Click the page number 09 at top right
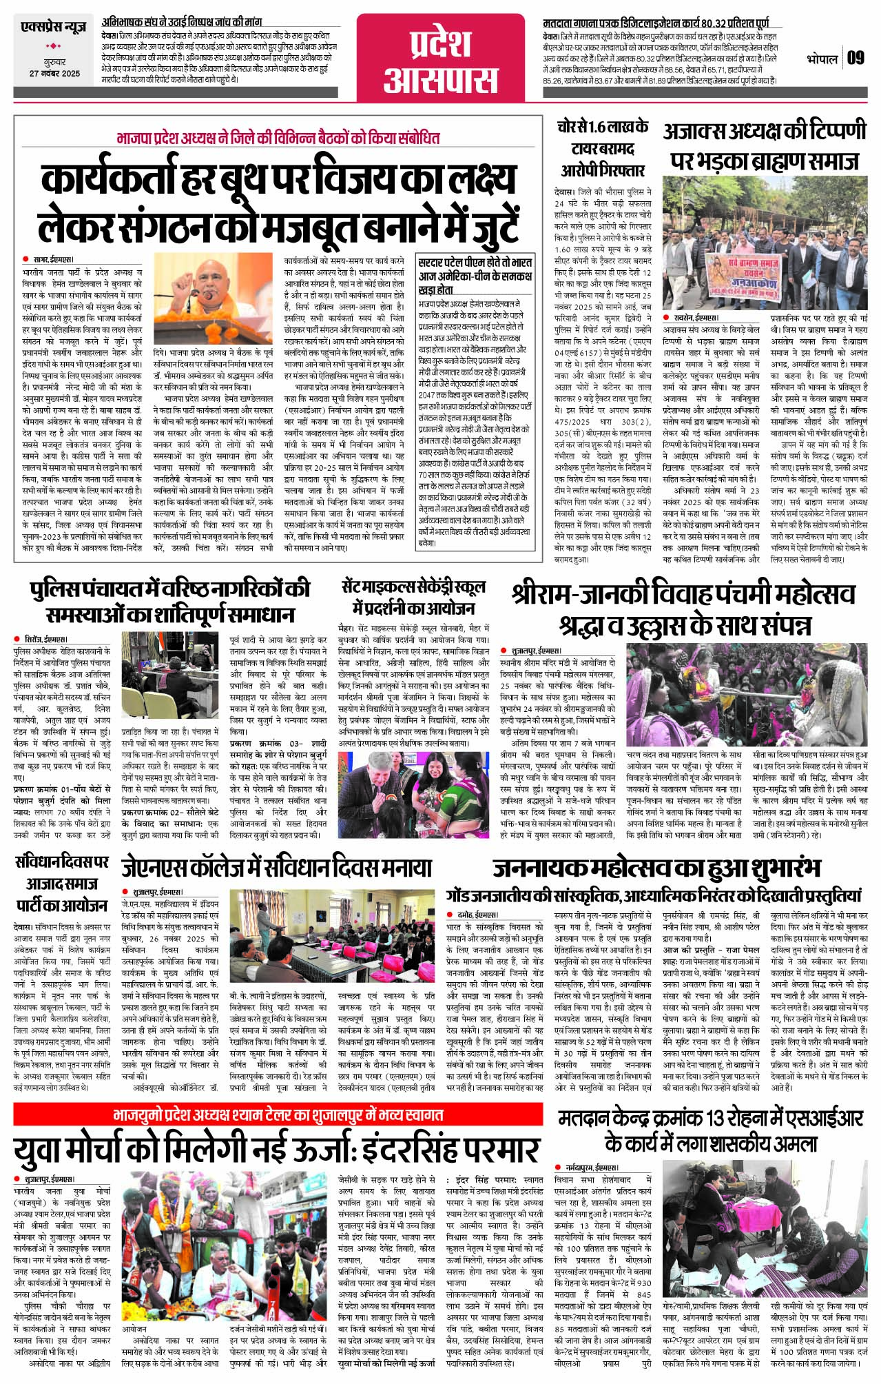tap(855, 58)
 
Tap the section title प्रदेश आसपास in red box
tap(440, 61)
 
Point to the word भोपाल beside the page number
tap(822, 59)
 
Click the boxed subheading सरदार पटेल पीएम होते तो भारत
tap(475, 269)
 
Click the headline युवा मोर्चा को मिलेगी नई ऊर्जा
tap(276, 1150)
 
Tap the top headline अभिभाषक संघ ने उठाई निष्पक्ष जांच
tap(181, 22)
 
